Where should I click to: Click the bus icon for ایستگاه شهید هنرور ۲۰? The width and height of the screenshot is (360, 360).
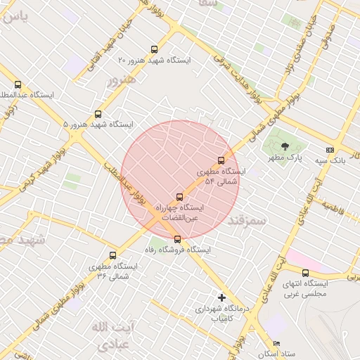(x=154, y=50)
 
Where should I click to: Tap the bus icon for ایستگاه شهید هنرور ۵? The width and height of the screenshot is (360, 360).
(x=98, y=113)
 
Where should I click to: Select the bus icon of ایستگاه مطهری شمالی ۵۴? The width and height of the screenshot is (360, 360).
(x=222, y=160)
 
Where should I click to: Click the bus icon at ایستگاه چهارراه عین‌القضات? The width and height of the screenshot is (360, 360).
(x=179, y=197)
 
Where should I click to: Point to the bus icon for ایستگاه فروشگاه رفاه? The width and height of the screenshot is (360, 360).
(x=176, y=239)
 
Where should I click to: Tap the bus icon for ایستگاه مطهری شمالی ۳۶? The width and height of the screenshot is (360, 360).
(x=113, y=256)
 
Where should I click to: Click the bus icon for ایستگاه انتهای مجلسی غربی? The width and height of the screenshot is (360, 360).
(x=305, y=273)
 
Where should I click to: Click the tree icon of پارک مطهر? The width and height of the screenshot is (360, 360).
(x=284, y=146)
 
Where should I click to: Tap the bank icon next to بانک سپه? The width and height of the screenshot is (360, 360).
(x=330, y=150)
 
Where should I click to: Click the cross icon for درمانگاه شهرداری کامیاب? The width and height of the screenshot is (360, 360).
(x=222, y=297)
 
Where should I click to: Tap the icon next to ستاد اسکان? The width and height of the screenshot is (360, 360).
(x=276, y=344)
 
